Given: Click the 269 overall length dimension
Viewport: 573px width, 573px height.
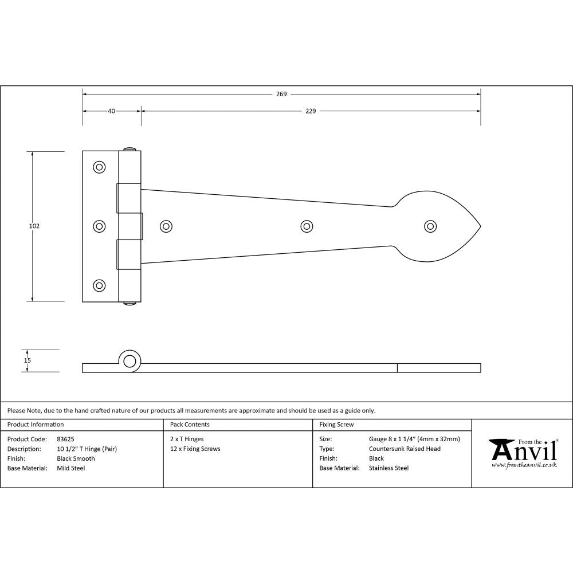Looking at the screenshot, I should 281,94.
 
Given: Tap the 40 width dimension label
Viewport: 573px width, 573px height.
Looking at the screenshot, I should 111,111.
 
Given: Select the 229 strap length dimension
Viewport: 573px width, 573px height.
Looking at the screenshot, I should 310,111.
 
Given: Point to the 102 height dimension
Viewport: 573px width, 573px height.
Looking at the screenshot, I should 34,226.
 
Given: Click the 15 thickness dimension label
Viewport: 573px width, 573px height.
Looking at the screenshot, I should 28,360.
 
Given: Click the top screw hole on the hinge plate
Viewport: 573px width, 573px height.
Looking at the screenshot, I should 100,167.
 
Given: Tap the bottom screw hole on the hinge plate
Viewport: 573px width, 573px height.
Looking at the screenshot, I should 100,285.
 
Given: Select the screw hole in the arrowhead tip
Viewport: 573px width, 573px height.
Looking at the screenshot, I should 430,226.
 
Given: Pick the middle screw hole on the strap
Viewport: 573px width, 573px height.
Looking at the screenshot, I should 307,226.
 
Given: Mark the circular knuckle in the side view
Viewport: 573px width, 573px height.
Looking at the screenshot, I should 130,361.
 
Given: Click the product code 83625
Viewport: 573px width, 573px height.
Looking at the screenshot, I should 66,439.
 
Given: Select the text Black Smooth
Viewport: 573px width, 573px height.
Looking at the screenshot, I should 76,458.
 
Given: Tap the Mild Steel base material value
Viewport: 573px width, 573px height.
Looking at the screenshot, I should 71,468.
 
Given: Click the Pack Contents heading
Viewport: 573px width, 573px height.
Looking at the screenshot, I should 190,425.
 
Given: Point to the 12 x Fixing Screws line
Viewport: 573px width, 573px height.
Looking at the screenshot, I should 195,449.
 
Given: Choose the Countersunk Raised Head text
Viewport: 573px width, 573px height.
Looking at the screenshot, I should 405,449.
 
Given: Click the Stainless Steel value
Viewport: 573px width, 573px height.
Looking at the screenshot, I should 388,468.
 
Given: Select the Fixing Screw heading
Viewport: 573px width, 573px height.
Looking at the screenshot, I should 336,425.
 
